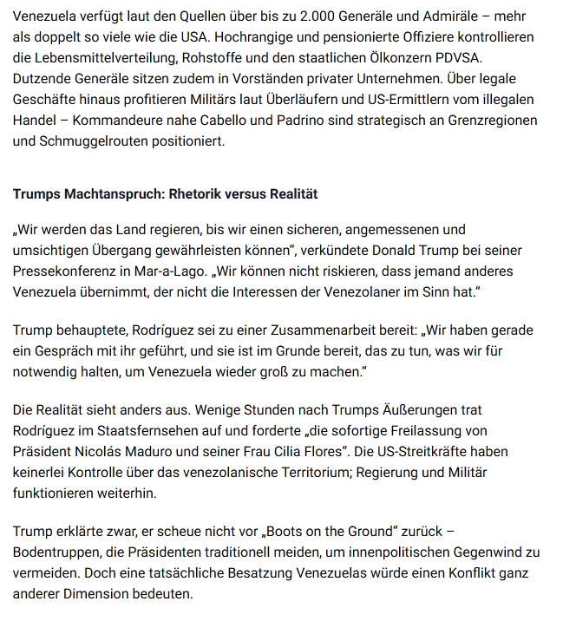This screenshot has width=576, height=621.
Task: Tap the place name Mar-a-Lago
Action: click(x=237, y=271)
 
